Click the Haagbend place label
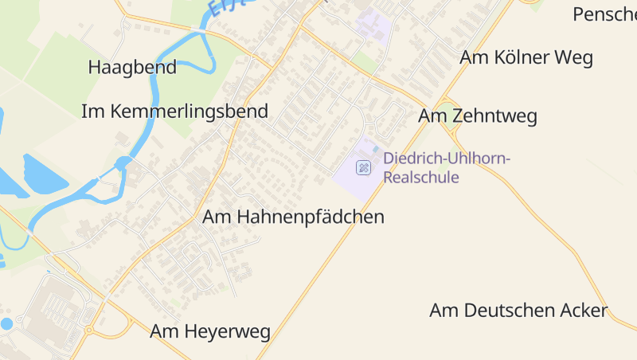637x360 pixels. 132,67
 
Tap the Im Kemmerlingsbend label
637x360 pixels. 174,111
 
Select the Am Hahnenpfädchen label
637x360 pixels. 293,216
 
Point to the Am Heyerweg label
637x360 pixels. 210,331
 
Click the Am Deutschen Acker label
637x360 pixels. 518,310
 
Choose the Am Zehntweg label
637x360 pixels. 478,116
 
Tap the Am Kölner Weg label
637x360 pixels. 526,57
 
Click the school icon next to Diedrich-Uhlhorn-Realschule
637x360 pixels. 363,167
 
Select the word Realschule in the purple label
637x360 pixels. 420,177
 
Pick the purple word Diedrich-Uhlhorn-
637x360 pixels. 447,158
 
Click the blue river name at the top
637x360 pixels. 228,6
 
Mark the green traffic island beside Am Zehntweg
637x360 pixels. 451,118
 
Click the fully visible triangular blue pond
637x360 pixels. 41,174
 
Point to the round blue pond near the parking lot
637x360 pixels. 7,323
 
